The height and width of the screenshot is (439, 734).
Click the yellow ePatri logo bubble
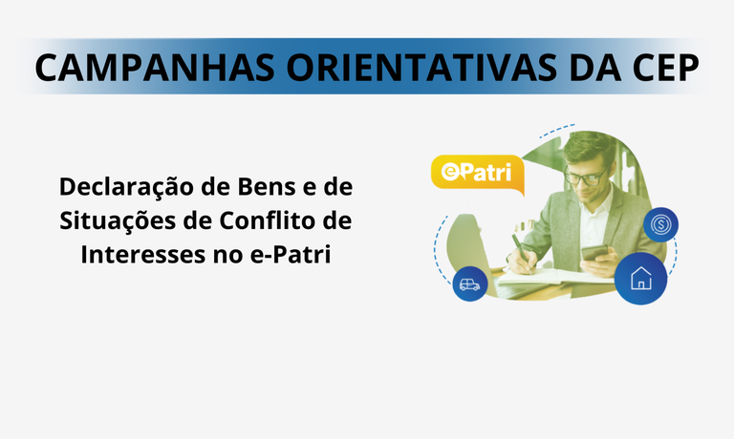[476, 174]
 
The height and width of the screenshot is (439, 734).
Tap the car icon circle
[469, 283]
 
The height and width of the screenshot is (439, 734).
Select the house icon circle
[639, 279]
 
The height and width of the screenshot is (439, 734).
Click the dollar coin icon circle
[660, 226]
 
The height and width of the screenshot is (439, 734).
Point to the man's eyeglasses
[584, 178]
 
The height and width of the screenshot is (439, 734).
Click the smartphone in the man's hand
[595, 252]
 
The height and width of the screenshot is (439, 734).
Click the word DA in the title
[583, 68]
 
